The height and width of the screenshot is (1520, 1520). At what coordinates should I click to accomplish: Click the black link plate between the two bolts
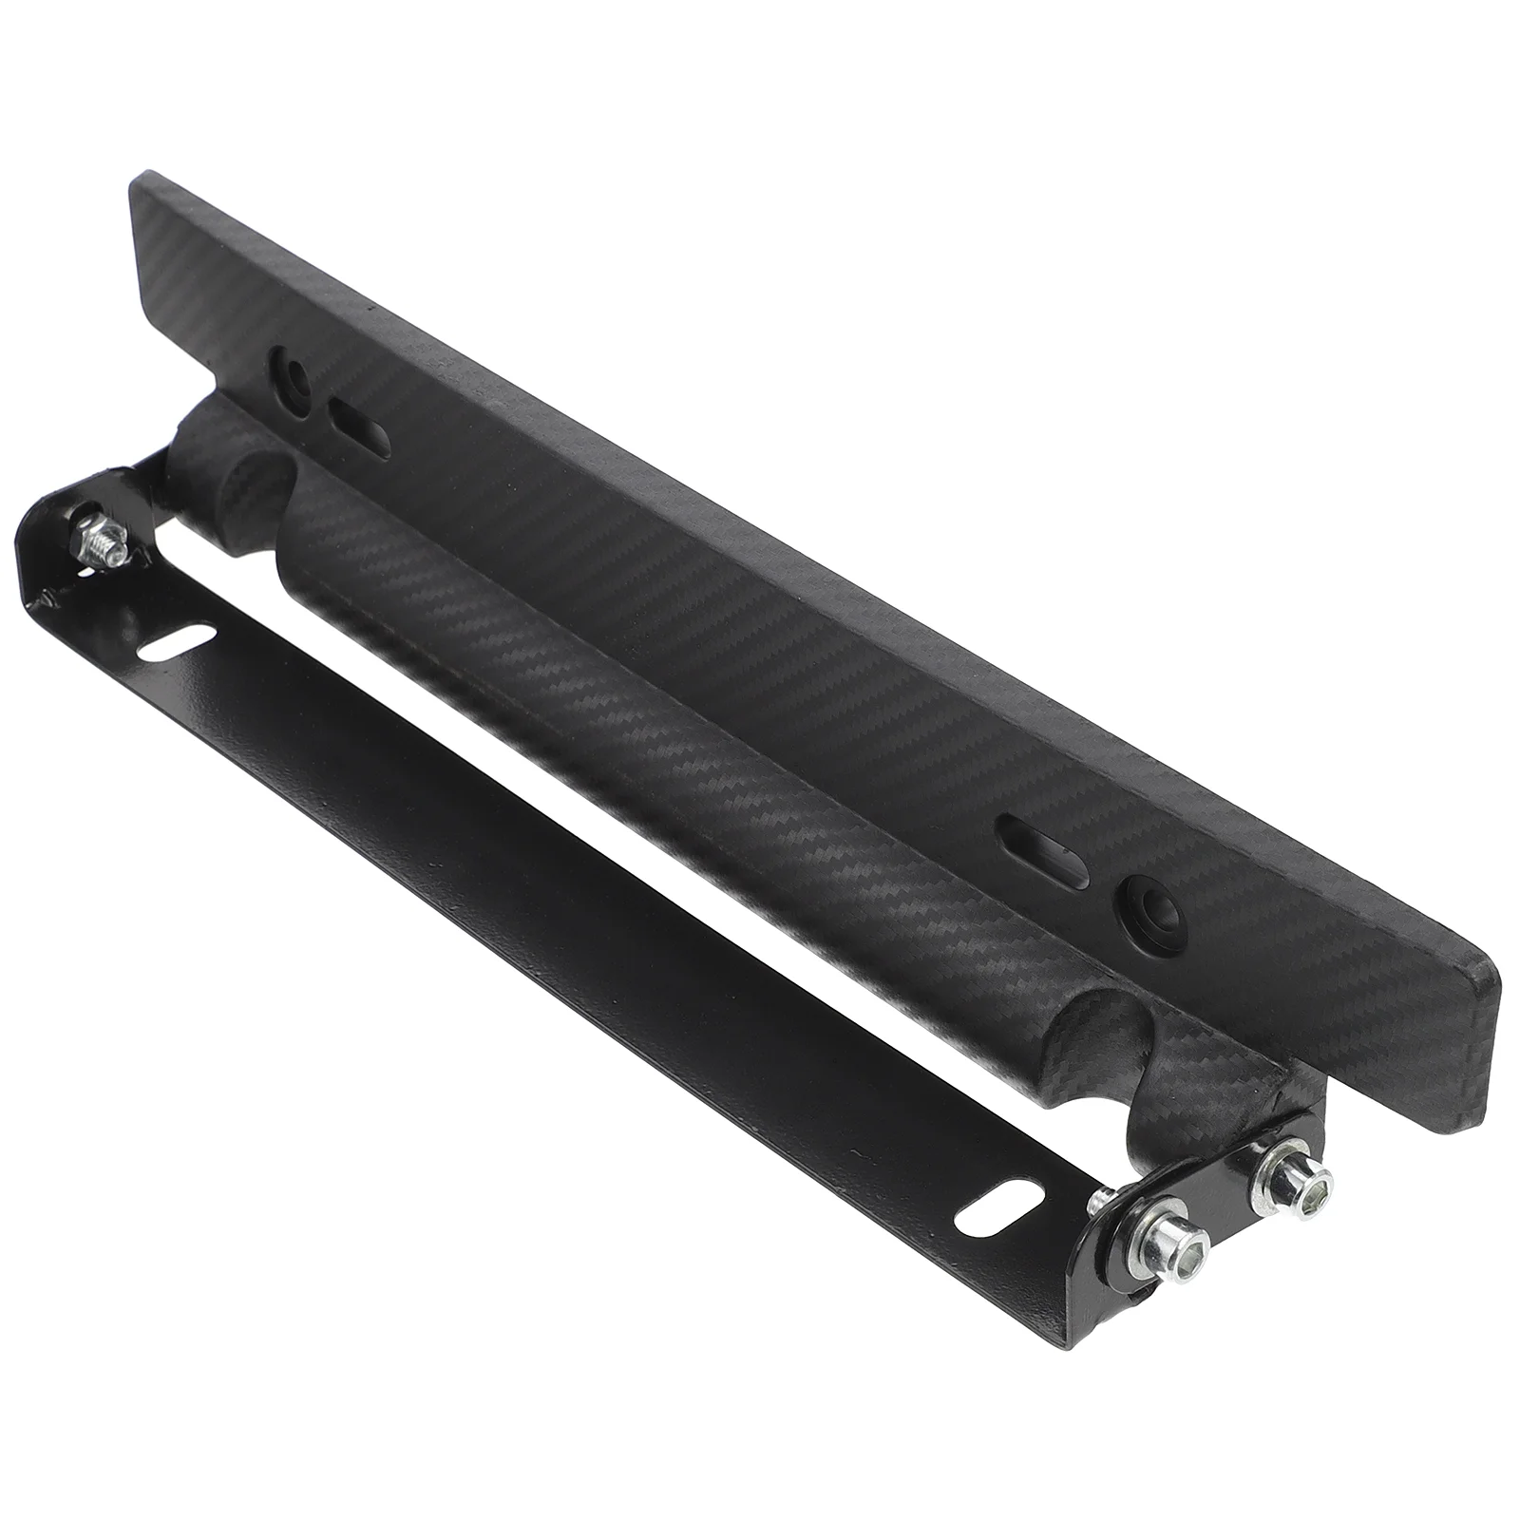point(1235,1208)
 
